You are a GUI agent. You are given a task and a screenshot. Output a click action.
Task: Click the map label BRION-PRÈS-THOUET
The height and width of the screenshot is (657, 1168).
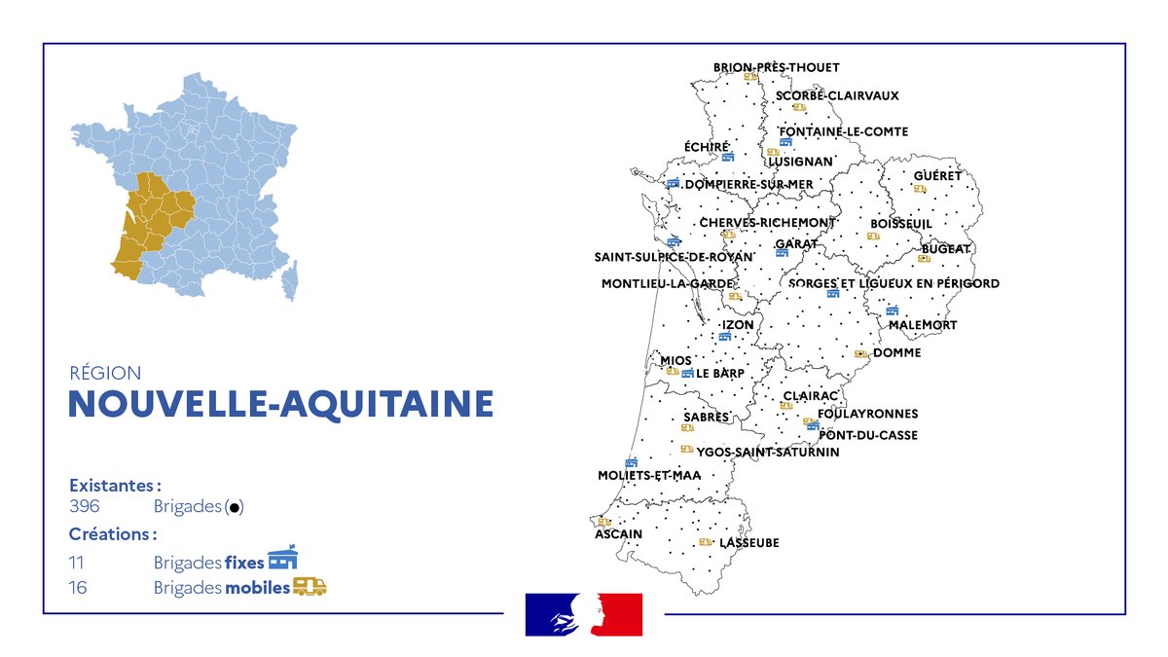[x=776, y=67]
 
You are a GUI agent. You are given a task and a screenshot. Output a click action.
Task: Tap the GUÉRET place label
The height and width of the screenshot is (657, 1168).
[x=937, y=176]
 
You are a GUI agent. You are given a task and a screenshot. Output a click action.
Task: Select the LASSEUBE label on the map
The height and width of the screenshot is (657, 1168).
[x=749, y=542]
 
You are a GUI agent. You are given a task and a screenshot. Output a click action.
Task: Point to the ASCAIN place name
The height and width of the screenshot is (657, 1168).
[x=618, y=534]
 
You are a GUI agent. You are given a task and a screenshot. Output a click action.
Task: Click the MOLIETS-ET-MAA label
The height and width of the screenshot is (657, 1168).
[x=649, y=475]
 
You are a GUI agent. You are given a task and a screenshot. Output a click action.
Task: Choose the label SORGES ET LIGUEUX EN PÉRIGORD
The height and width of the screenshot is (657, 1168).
[x=894, y=283]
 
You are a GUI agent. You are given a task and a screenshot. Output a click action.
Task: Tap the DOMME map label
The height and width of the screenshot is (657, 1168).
[x=896, y=352]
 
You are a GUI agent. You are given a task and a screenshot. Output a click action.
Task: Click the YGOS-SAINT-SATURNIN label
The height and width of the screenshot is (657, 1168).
[x=767, y=452]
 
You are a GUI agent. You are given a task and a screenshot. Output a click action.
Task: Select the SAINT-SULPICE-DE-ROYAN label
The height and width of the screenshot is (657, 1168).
[x=674, y=257]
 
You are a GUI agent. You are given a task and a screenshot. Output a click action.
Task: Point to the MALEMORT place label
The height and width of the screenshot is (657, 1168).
[x=923, y=324]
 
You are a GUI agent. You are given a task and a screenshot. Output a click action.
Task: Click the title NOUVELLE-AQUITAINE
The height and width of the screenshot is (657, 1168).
[x=280, y=404]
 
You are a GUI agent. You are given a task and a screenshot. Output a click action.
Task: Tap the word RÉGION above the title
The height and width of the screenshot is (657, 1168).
[x=105, y=373]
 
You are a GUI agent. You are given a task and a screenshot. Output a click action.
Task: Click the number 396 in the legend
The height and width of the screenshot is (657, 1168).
[x=85, y=506]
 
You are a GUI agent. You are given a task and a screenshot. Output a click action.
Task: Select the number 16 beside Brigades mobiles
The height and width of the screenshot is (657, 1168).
[x=78, y=588]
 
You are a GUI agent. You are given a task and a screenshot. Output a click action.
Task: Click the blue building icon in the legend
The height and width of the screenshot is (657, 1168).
[x=282, y=559]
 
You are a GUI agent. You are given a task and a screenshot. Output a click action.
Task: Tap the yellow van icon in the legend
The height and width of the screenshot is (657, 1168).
[x=310, y=586]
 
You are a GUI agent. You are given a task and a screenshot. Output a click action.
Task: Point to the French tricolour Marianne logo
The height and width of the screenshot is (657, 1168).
[x=584, y=614]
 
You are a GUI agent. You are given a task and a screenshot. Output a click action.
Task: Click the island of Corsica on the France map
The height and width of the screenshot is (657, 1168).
[x=289, y=279]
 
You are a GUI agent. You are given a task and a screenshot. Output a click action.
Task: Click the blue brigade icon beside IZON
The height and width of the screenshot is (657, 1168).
[x=724, y=336]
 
